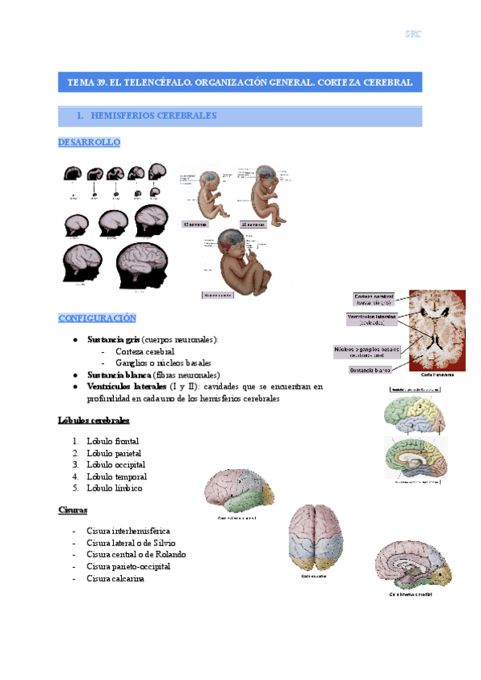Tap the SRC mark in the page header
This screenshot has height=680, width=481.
(x=413, y=34)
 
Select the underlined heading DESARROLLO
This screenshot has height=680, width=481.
(x=88, y=142)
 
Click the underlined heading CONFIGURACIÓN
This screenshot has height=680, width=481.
(x=97, y=318)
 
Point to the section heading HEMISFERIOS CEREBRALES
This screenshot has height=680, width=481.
(x=146, y=116)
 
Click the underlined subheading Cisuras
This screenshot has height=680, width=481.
(x=73, y=510)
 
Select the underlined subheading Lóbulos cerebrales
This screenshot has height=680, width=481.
(x=94, y=420)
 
